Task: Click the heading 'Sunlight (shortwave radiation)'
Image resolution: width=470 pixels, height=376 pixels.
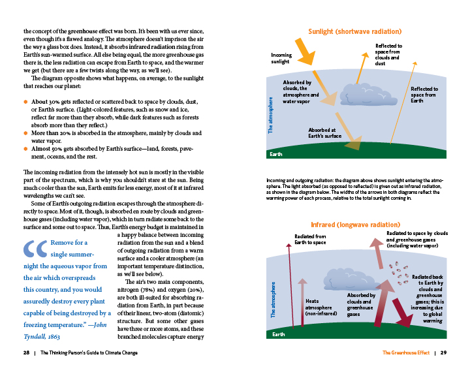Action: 354,31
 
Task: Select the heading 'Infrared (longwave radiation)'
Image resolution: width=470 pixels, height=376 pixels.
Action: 354,225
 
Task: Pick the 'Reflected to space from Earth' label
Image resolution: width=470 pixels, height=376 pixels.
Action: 424,95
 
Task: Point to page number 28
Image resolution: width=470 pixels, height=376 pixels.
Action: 26,353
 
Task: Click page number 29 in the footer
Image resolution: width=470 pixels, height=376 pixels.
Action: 443,353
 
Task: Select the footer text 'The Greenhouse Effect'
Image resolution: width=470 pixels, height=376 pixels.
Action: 406,353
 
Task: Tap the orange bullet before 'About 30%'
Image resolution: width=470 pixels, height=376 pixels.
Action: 25,102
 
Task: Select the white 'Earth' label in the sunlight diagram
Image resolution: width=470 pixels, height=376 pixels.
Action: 277,155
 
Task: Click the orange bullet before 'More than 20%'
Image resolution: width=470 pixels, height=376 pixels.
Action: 25,133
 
